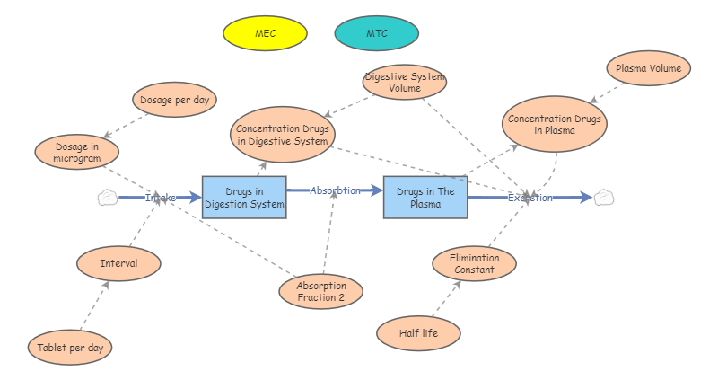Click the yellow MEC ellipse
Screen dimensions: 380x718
coord(265,33)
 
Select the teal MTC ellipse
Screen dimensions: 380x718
coord(376,33)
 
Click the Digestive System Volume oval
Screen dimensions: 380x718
coord(405,82)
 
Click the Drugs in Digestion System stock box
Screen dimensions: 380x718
coord(244,198)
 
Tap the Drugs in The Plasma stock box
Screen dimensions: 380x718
coord(425,198)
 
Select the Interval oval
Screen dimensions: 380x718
coord(118,263)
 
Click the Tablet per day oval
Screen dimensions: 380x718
coord(70,347)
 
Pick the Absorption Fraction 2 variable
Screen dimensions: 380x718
coord(320,291)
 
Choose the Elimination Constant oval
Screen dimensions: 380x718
coord(474,264)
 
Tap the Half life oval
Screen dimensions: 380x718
coord(418,332)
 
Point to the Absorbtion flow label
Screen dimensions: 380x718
coord(335,190)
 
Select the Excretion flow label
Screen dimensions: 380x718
coord(530,198)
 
